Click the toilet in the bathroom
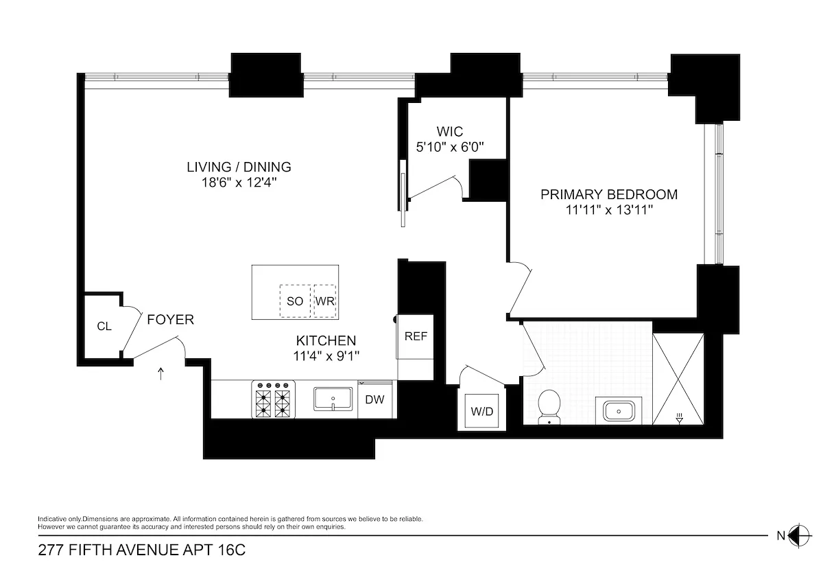point(550,407)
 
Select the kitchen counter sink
point(333,399)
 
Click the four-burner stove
point(274,399)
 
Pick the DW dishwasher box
point(374,399)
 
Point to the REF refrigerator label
point(416,336)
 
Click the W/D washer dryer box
point(482,411)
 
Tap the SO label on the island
point(295,301)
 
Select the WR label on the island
point(324,301)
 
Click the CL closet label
point(104,326)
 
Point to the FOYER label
point(170,319)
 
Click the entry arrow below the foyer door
point(161,373)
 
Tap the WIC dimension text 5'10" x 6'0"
point(450,146)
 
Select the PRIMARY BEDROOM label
point(608,194)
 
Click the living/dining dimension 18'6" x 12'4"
point(239,183)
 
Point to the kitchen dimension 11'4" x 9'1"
point(326,356)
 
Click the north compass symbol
point(797,535)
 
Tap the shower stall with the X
point(678,377)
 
